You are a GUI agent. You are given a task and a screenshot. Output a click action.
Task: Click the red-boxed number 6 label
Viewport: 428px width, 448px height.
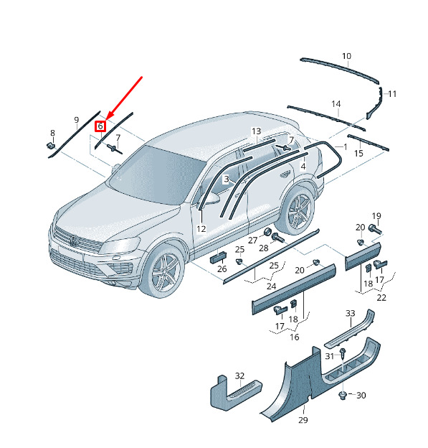pyautogui.click(x=100, y=126)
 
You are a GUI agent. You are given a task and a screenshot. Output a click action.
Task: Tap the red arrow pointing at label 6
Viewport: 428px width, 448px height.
pyautogui.click(x=124, y=98)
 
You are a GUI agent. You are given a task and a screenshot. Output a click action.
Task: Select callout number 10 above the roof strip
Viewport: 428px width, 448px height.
pyautogui.click(x=346, y=56)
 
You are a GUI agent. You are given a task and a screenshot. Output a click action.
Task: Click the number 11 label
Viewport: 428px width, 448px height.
pyautogui.click(x=392, y=94)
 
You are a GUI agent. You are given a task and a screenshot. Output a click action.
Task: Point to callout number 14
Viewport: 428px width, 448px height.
pyautogui.click(x=336, y=104)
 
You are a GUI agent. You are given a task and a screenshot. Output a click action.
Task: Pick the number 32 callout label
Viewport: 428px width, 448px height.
pyautogui.click(x=239, y=375)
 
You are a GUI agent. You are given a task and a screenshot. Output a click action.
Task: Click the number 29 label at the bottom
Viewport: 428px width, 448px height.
pyautogui.click(x=303, y=420)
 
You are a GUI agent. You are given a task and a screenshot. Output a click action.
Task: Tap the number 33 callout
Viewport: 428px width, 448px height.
pyautogui.click(x=351, y=314)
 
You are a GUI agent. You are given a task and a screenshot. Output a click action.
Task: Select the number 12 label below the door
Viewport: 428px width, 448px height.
pyautogui.click(x=201, y=229)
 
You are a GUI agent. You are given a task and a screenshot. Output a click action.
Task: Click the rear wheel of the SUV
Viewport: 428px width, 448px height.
pyautogui.click(x=298, y=210)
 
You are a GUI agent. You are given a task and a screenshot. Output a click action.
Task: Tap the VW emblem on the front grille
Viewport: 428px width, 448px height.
pyautogui.click(x=74, y=241)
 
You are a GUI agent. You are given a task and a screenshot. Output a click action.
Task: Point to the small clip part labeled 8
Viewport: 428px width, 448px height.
pyautogui.click(x=51, y=146)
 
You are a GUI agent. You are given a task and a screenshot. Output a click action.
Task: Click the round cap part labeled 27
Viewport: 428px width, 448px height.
pyautogui.click(x=267, y=232)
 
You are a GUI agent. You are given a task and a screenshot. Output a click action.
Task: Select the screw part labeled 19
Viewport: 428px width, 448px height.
pyautogui.click(x=375, y=229)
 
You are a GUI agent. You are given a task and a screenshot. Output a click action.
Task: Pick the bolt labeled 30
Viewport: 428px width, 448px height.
pyautogui.click(x=343, y=396)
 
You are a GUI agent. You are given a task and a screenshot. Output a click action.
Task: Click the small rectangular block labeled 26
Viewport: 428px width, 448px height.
pyautogui.click(x=219, y=256)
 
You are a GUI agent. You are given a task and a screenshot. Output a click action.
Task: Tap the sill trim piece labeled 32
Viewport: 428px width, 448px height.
pyautogui.click(x=236, y=393)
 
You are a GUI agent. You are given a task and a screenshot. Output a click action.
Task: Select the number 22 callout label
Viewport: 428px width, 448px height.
pyautogui.click(x=381, y=298)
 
